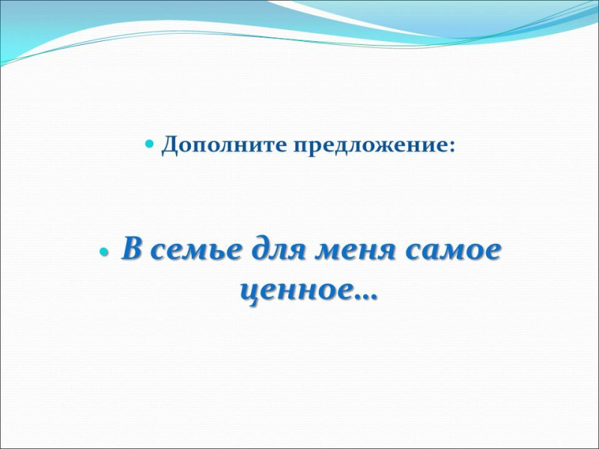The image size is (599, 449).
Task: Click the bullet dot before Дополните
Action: click(x=150, y=144)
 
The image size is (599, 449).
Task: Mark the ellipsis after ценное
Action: click(x=365, y=298)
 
